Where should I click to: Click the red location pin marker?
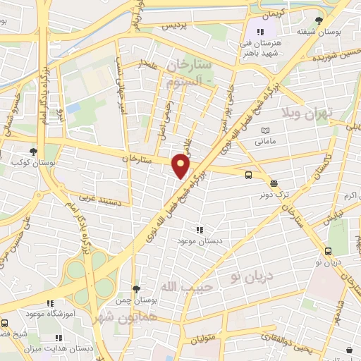tap(181, 166)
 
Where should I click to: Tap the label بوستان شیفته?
tap(314, 32)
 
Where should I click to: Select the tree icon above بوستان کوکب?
tap(33, 151)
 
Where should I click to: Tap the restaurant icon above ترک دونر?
tap(273, 182)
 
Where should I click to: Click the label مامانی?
tap(266, 142)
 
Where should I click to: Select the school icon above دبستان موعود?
tap(200, 229)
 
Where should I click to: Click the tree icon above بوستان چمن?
tap(136, 289)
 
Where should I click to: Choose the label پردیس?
tap(176, 25)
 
